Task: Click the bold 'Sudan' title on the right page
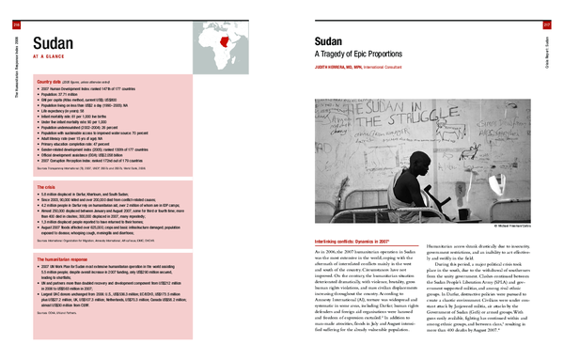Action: pos(330,43)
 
